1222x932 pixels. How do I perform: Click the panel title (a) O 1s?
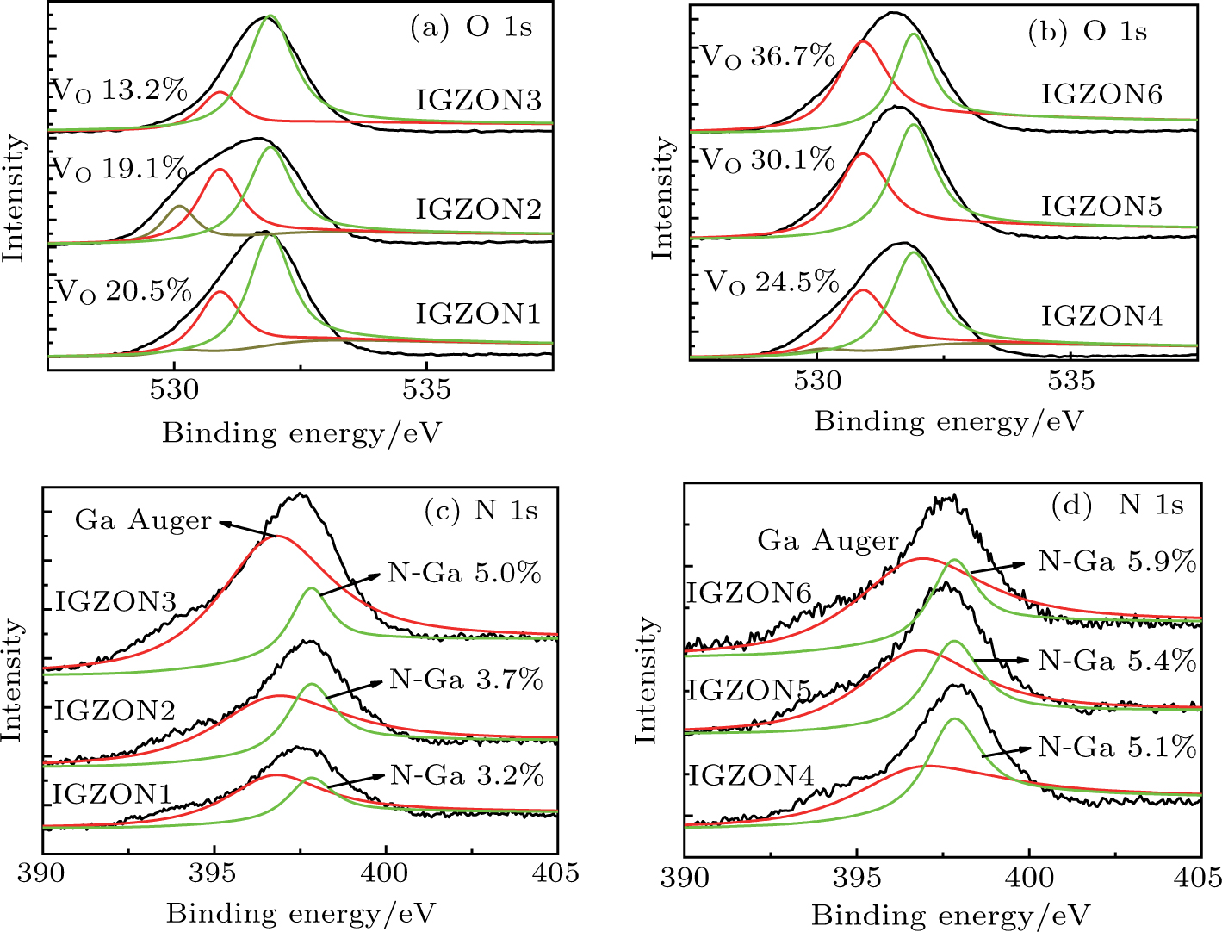(x=471, y=28)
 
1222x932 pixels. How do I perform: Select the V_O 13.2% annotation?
(x=120, y=90)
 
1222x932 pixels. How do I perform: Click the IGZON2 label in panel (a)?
(x=478, y=209)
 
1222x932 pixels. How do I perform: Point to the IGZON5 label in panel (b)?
(x=1101, y=207)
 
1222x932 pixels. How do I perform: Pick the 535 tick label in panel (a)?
(x=426, y=390)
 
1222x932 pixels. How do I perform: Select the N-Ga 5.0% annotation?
(x=464, y=573)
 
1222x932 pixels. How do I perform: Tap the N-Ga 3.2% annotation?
(x=467, y=775)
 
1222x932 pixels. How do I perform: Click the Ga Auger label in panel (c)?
(x=143, y=520)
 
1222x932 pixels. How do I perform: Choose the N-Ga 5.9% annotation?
(x=1117, y=562)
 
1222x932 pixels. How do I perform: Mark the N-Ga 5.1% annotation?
(x=1117, y=747)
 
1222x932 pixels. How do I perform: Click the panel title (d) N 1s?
(x=1117, y=505)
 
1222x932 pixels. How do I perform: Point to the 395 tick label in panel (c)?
(x=214, y=873)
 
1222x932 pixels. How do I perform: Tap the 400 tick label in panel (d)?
(x=1030, y=878)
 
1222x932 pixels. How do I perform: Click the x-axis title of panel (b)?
(x=948, y=421)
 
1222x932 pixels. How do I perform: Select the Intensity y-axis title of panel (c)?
(x=12, y=679)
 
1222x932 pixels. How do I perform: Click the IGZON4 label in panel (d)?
(x=752, y=776)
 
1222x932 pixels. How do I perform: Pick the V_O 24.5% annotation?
(x=772, y=283)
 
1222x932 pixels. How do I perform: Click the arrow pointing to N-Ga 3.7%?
(x=353, y=690)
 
